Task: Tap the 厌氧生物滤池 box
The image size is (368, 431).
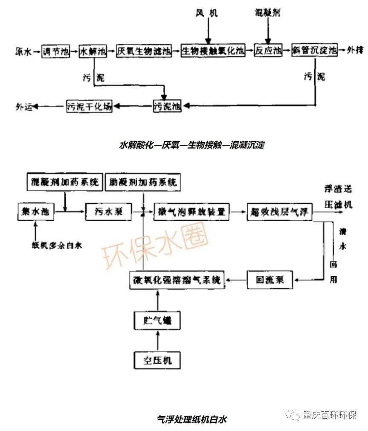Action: [x=144, y=52]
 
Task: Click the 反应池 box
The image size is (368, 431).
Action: [x=268, y=51]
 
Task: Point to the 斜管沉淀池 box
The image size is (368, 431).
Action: [x=315, y=51]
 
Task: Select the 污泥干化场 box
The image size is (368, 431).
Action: [x=90, y=106]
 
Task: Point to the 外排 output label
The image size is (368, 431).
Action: [x=355, y=51]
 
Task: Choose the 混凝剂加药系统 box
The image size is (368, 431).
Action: [x=64, y=182]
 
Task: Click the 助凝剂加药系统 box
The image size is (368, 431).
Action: [x=141, y=182]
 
